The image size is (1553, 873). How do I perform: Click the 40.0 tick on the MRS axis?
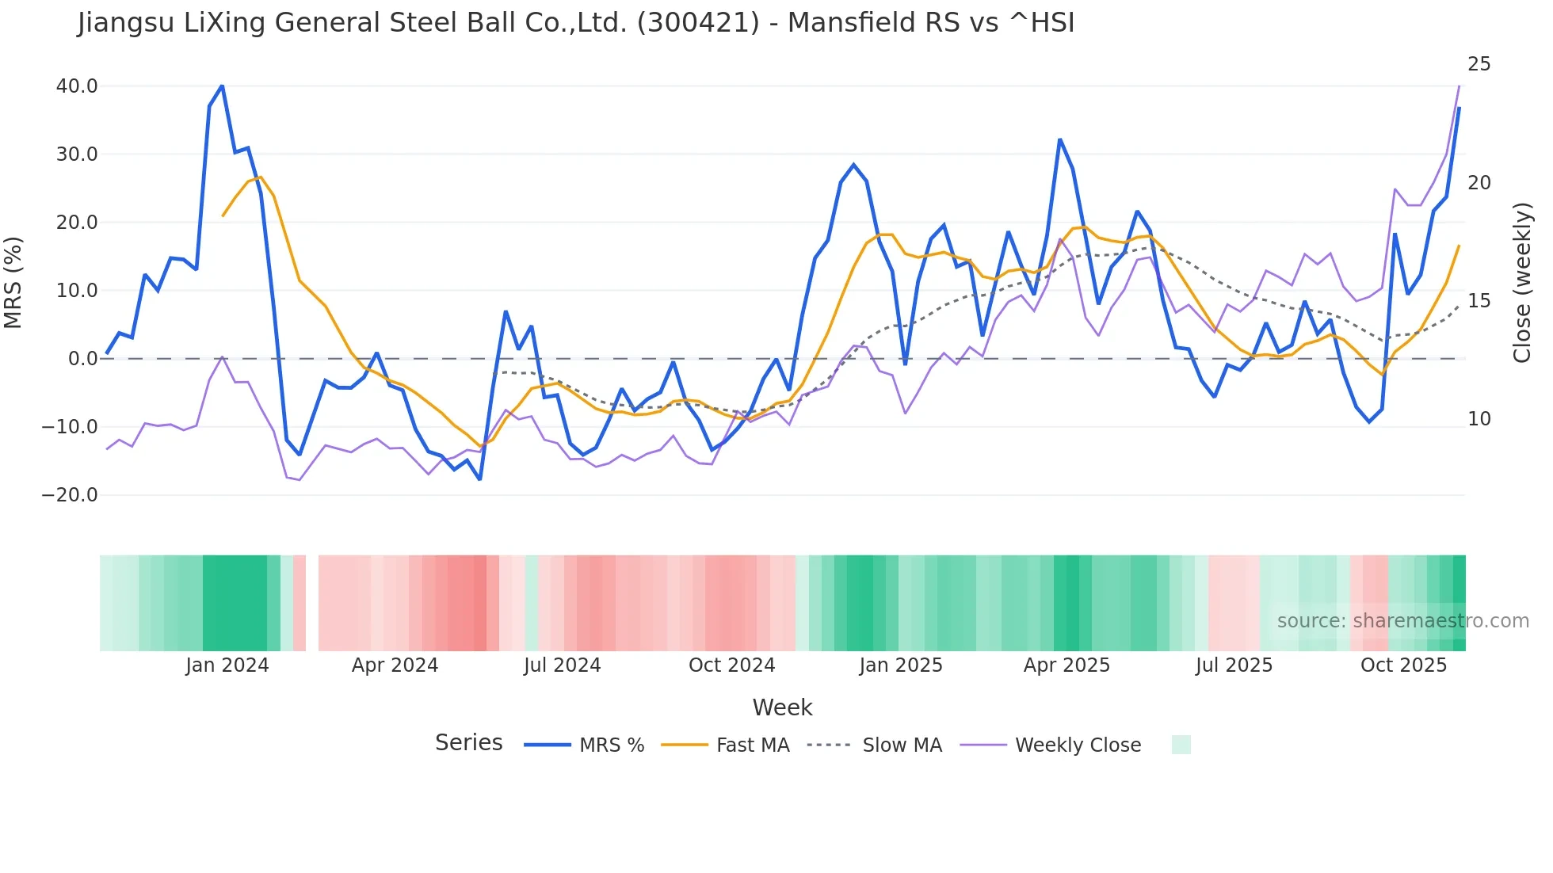(76, 86)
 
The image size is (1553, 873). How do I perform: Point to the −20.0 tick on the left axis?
(70, 495)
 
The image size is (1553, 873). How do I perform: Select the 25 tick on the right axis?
(1479, 64)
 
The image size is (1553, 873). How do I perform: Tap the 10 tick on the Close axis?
(1479, 419)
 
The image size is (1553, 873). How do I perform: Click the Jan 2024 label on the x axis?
(227, 665)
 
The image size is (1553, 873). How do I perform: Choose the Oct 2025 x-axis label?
(1403, 665)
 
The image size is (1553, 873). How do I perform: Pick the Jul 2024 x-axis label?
(562, 665)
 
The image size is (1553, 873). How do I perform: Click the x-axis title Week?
(782, 707)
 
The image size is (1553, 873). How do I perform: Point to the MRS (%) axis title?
(13, 283)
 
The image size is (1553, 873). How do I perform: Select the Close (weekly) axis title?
(1521, 283)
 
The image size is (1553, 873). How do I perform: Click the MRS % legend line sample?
(548, 745)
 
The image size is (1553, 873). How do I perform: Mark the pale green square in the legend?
(1181, 745)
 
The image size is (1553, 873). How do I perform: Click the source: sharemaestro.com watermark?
(1402, 621)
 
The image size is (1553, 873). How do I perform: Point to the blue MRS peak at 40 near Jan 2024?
(222, 86)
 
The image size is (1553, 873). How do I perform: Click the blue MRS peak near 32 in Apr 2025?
(1059, 140)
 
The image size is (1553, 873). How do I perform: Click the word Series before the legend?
(468, 743)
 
